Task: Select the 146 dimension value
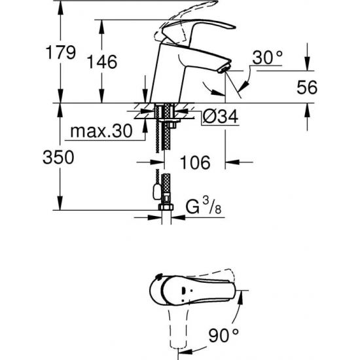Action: click(x=102, y=62)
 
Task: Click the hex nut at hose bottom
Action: click(x=165, y=210)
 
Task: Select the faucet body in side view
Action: click(x=167, y=79)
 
